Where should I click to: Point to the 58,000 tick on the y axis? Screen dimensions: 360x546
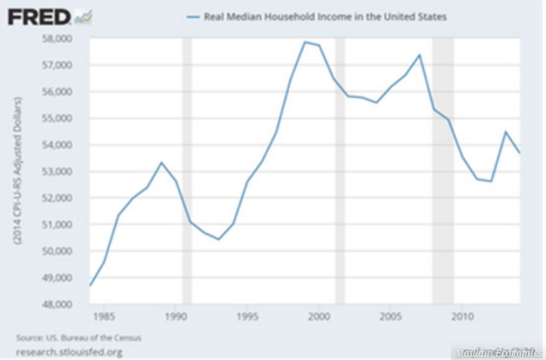tap(66, 38)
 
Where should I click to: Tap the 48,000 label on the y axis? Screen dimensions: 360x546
tap(66, 305)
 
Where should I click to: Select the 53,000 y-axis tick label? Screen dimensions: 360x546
tap(66, 171)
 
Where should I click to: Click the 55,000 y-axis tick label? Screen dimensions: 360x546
tap(66, 119)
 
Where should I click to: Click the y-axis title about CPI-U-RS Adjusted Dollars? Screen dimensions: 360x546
tap(17, 171)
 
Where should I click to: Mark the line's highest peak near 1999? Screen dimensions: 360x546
tap(305, 42)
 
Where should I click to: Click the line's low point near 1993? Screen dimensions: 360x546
tap(219, 239)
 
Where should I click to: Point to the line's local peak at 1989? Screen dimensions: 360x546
tap(162, 162)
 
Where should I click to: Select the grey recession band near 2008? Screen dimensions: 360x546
tap(442, 171)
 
